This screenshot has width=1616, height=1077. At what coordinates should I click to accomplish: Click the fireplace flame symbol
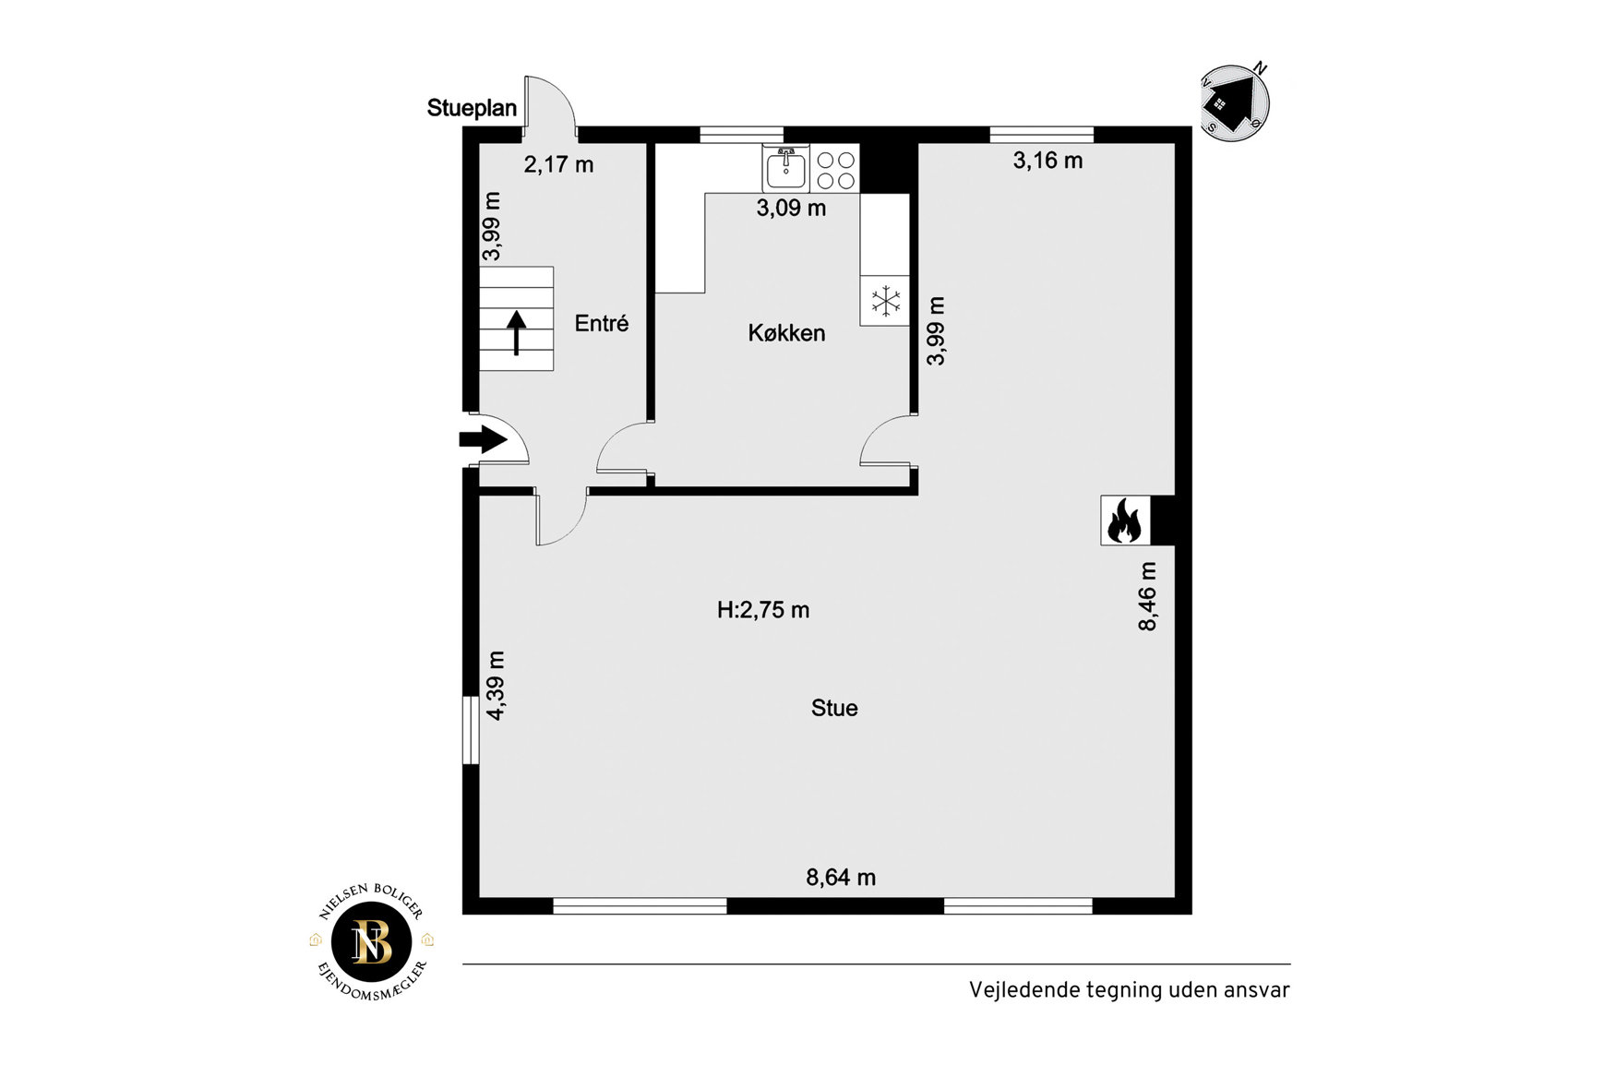(1124, 521)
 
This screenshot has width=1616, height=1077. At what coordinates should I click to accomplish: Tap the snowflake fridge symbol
(885, 301)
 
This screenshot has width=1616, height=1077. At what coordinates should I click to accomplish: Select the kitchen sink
(785, 168)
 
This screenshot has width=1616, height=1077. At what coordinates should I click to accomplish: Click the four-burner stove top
(835, 168)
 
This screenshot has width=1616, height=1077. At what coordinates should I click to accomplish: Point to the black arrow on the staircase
(516, 333)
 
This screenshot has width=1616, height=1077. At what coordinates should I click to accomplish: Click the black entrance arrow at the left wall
(483, 439)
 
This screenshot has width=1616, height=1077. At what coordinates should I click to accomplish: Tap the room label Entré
(602, 323)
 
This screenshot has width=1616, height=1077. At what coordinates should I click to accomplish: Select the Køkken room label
(786, 333)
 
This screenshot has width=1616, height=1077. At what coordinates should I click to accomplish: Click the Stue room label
(834, 708)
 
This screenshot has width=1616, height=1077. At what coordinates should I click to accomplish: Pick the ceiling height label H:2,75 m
(763, 610)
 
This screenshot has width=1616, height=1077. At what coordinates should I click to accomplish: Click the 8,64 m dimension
(841, 877)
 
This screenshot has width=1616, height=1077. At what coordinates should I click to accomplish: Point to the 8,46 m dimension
(1147, 596)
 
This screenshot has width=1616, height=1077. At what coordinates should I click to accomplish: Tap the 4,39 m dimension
(496, 686)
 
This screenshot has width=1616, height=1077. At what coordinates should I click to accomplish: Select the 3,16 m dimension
(1047, 161)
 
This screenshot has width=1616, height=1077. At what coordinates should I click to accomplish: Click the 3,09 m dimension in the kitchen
(791, 208)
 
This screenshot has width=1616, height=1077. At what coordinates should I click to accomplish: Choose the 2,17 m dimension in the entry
(558, 164)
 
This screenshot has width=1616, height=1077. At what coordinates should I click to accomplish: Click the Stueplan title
(472, 108)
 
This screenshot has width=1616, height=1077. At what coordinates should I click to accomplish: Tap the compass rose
(1234, 102)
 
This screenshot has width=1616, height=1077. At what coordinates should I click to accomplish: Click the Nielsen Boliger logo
(372, 942)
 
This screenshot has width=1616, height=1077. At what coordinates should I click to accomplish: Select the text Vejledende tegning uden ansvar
(1129, 990)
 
